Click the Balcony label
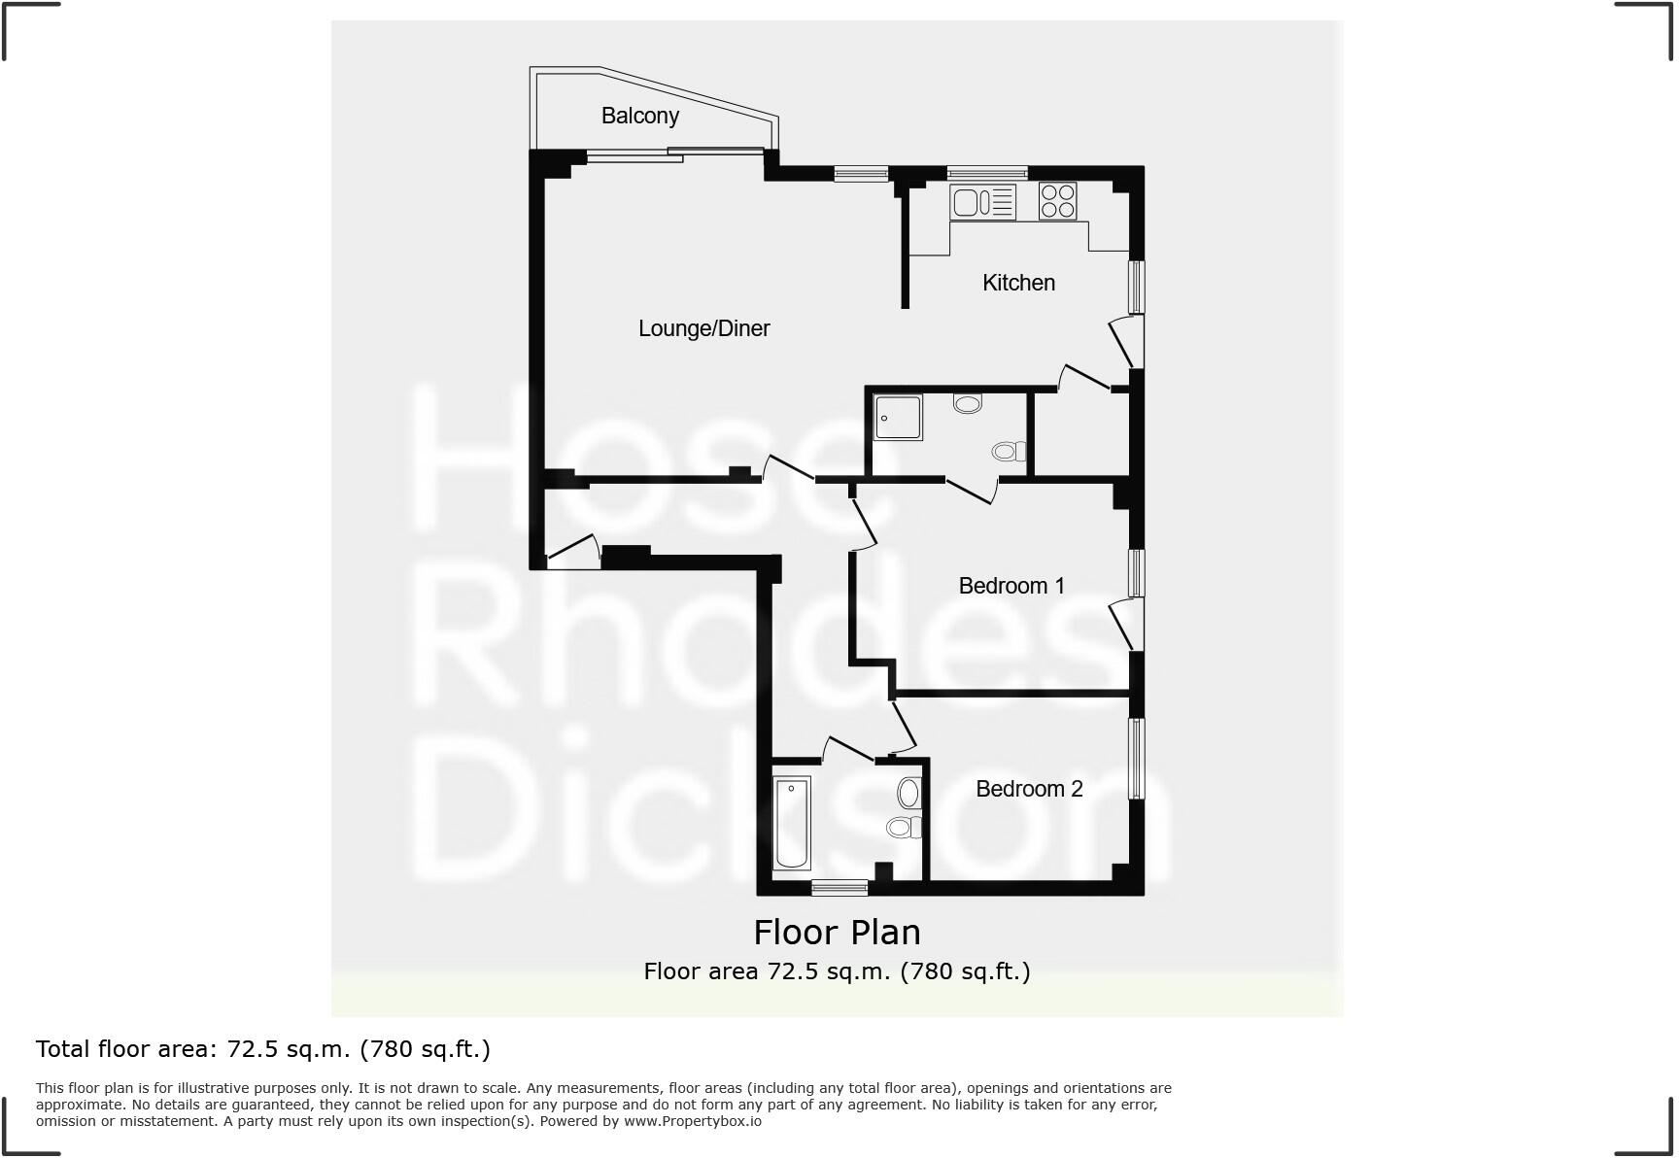639,116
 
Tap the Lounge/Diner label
703,328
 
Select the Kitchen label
1018,283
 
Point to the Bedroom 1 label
1011,586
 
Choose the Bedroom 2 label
1029,789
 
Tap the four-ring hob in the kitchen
1057,201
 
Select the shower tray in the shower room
898,417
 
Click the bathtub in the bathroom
792,822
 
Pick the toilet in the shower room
1010,451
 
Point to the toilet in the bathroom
903,828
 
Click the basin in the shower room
968,402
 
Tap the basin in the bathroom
909,793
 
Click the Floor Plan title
837,933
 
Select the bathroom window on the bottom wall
839,886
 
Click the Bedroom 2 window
1135,758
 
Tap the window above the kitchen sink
987,173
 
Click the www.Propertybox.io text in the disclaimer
692,1121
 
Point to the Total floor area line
263,1049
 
